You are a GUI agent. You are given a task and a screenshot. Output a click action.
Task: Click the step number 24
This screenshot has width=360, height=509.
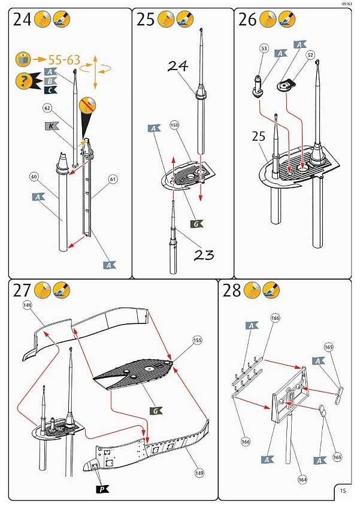click(x=22, y=20)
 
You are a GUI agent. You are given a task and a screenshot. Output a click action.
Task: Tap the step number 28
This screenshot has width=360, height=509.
click(x=232, y=291)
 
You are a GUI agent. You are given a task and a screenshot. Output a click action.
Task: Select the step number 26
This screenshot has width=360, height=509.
click(x=247, y=20)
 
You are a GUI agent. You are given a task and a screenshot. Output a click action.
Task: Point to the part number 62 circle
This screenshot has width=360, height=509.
click(x=48, y=108)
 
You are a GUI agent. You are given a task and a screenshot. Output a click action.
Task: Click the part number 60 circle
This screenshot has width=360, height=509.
click(x=34, y=177)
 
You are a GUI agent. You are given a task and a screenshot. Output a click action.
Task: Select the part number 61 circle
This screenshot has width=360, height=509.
click(x=113, y=178)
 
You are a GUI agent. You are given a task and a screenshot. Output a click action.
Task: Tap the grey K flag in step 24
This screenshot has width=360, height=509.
click(x=52, y=126)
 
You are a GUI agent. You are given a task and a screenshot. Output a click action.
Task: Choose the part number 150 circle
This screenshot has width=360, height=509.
click(x=175, y=126)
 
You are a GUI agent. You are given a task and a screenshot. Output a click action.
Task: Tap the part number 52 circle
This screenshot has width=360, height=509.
click(x=310, y=54)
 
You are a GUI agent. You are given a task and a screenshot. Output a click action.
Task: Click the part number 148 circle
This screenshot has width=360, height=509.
click(x=28, y=305)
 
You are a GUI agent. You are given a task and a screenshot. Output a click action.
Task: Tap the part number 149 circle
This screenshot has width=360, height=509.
click(x=199, y=472)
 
